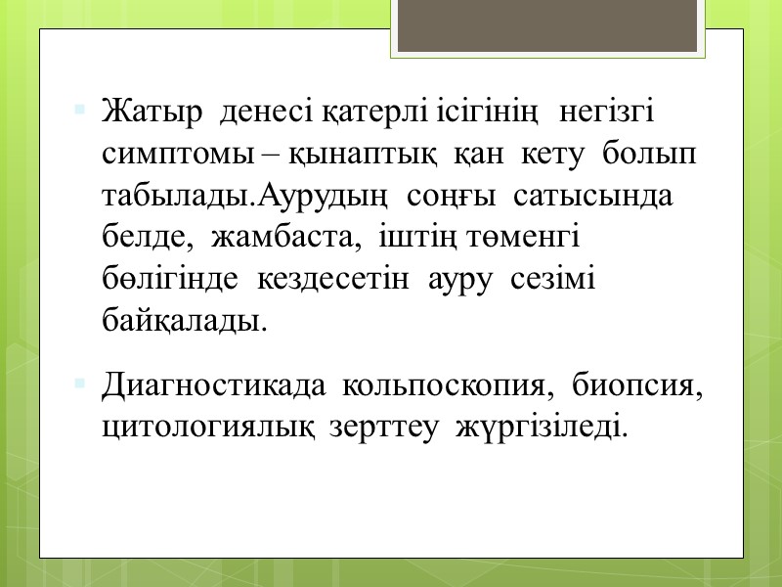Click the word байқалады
click(184, 321)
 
